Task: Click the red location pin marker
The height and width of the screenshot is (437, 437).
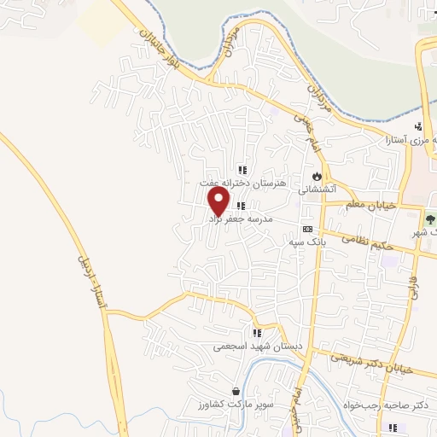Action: coord(218,201)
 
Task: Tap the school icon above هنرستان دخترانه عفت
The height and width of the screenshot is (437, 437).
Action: coord(242,169)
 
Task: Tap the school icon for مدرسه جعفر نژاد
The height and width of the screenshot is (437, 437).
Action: coord(242,206)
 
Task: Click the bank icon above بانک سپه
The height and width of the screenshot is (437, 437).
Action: coord(307,230)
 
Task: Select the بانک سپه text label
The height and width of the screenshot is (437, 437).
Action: coord(306,242)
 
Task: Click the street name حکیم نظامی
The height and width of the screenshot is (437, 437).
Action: coord(367,242)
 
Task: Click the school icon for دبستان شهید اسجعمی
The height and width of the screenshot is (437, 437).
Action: coord(255,333)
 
